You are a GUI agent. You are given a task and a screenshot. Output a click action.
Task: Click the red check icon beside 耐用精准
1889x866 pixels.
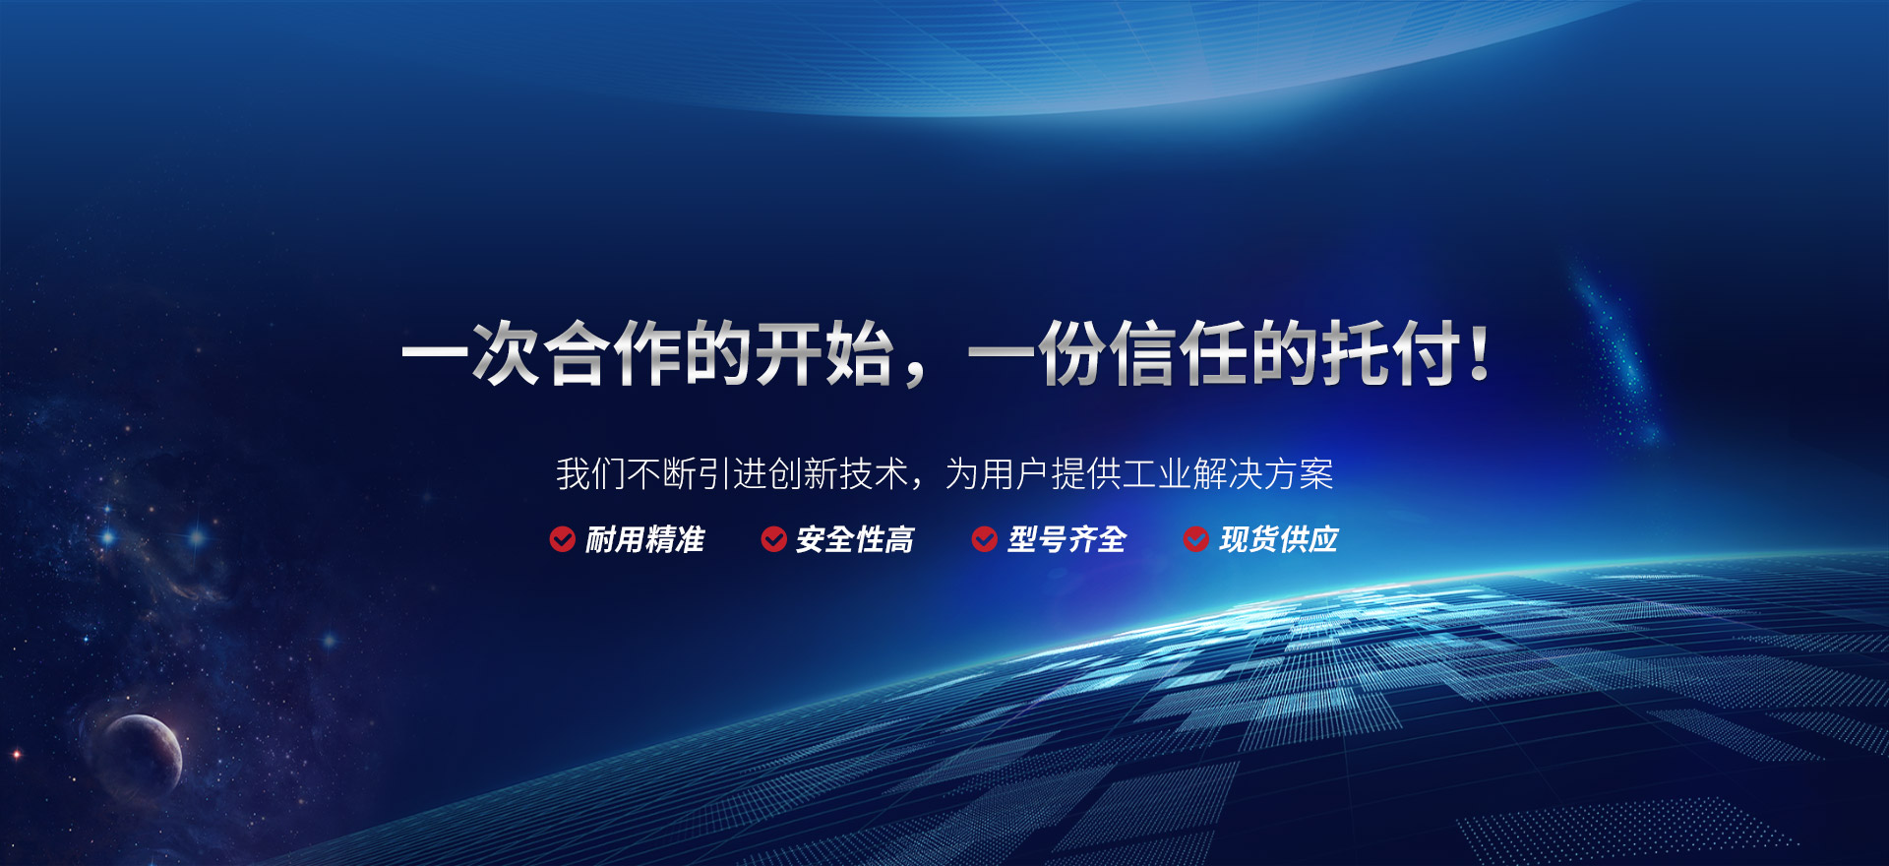click(562, 539)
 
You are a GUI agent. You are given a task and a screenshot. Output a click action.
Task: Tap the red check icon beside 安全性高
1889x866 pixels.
click(773, 539)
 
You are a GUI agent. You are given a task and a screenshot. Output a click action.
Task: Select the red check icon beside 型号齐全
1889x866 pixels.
click(985, 539)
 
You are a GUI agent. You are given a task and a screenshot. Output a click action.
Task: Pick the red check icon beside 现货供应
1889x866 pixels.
click(1196, 539)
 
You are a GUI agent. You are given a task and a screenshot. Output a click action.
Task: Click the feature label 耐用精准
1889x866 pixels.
click(644, 539)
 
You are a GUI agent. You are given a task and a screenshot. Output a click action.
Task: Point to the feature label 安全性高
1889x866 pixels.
click(855, 539)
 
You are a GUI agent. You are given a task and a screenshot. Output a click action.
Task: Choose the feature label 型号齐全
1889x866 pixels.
click(1066, 539)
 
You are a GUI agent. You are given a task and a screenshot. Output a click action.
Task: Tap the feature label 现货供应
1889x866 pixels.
click(1278, 539)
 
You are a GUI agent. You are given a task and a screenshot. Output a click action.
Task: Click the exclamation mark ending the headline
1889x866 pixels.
click(1479, 353)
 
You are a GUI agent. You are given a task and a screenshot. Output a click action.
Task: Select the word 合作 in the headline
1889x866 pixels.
click(612, 352)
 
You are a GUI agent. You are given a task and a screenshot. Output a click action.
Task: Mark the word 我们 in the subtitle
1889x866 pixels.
click(591, 474)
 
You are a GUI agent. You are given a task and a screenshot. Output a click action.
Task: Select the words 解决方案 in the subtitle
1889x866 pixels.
click(1263, 474)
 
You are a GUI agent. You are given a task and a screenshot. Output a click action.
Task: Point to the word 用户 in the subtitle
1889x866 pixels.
click(1015, 474)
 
